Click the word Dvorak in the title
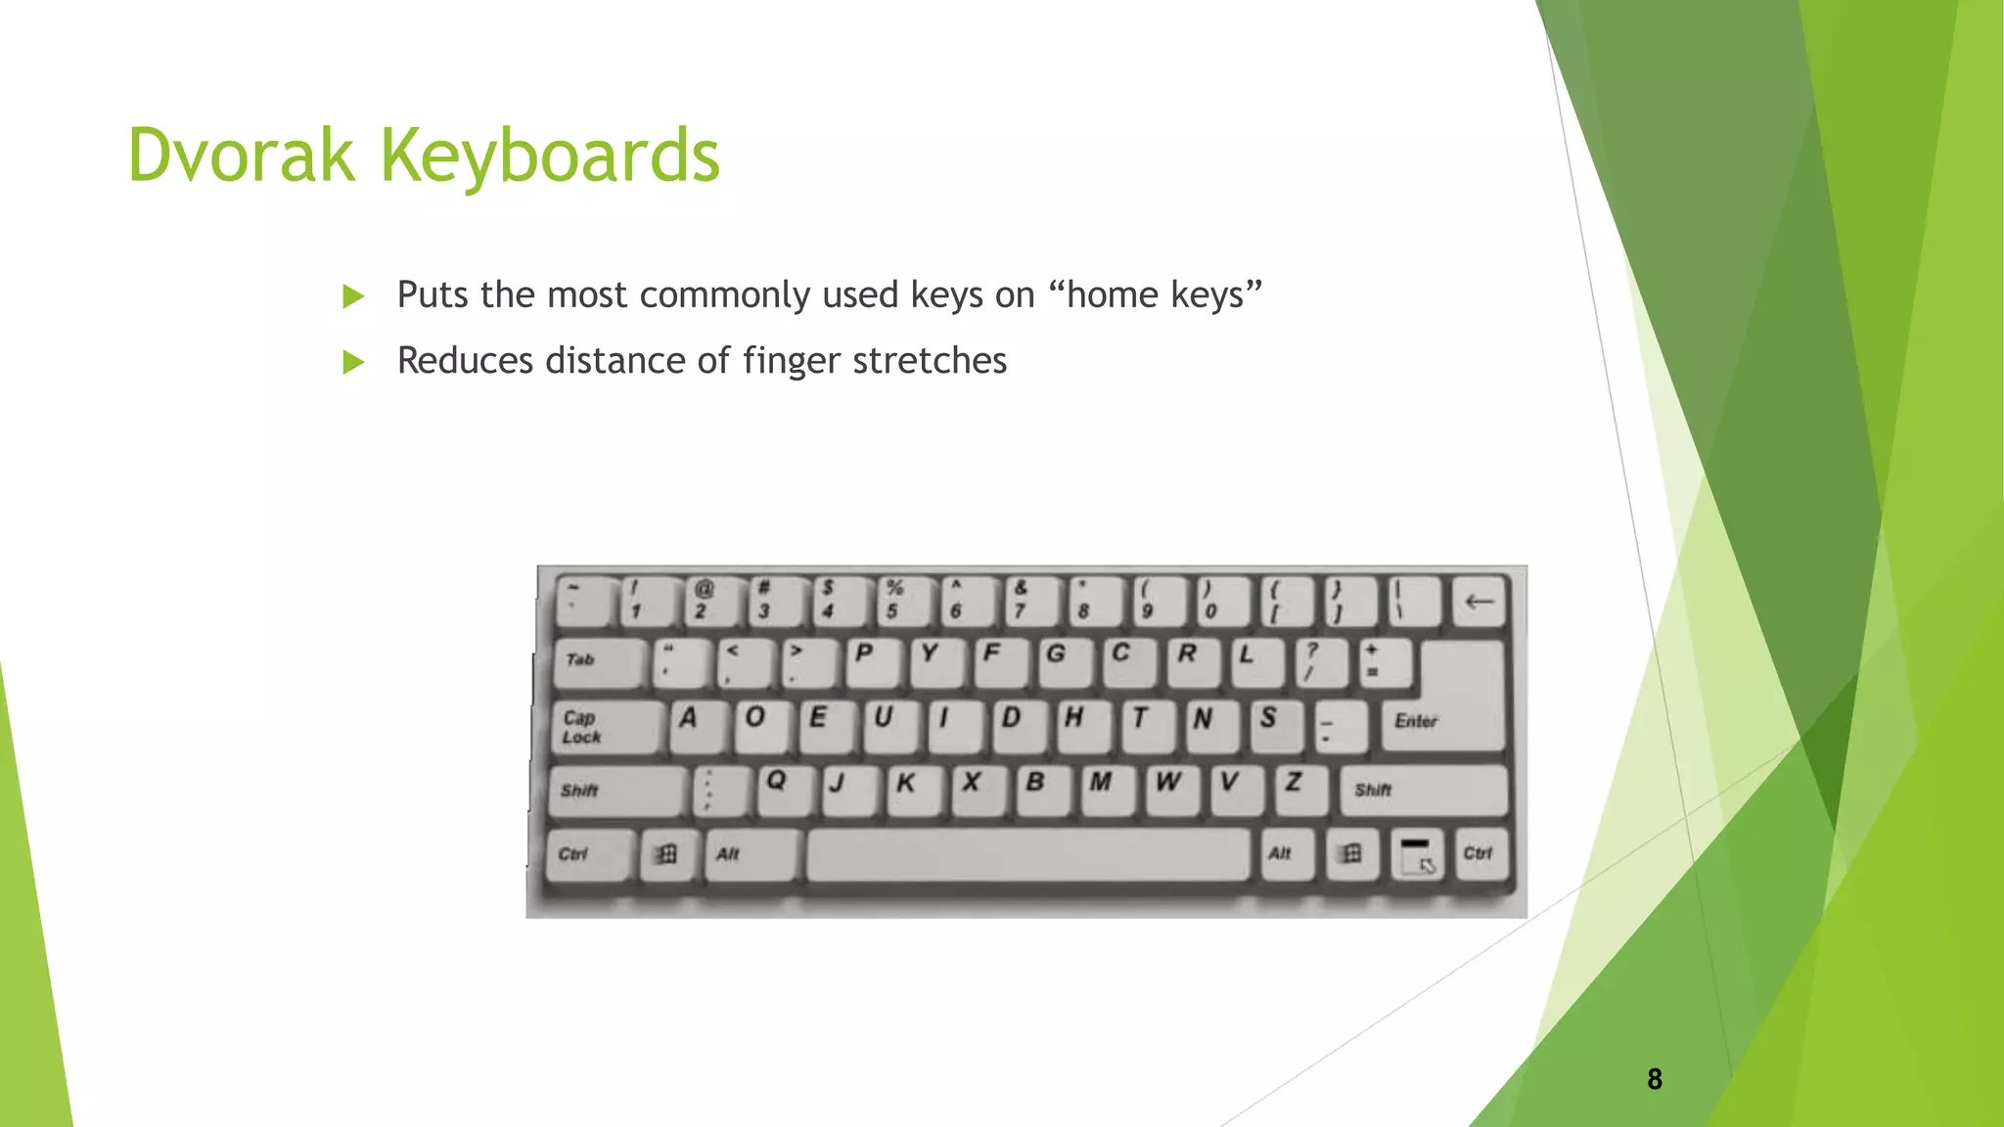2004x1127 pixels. pos(241,156)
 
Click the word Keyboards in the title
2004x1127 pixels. pos(550,158)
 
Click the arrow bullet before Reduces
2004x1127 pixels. pos(353,363)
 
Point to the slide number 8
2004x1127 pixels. pos(1655,1079)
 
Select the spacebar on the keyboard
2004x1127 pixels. pos(1027,855)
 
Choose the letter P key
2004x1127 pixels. pos(869,659)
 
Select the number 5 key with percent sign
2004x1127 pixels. pos(900,600)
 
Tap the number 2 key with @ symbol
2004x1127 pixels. pos(708,600)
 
